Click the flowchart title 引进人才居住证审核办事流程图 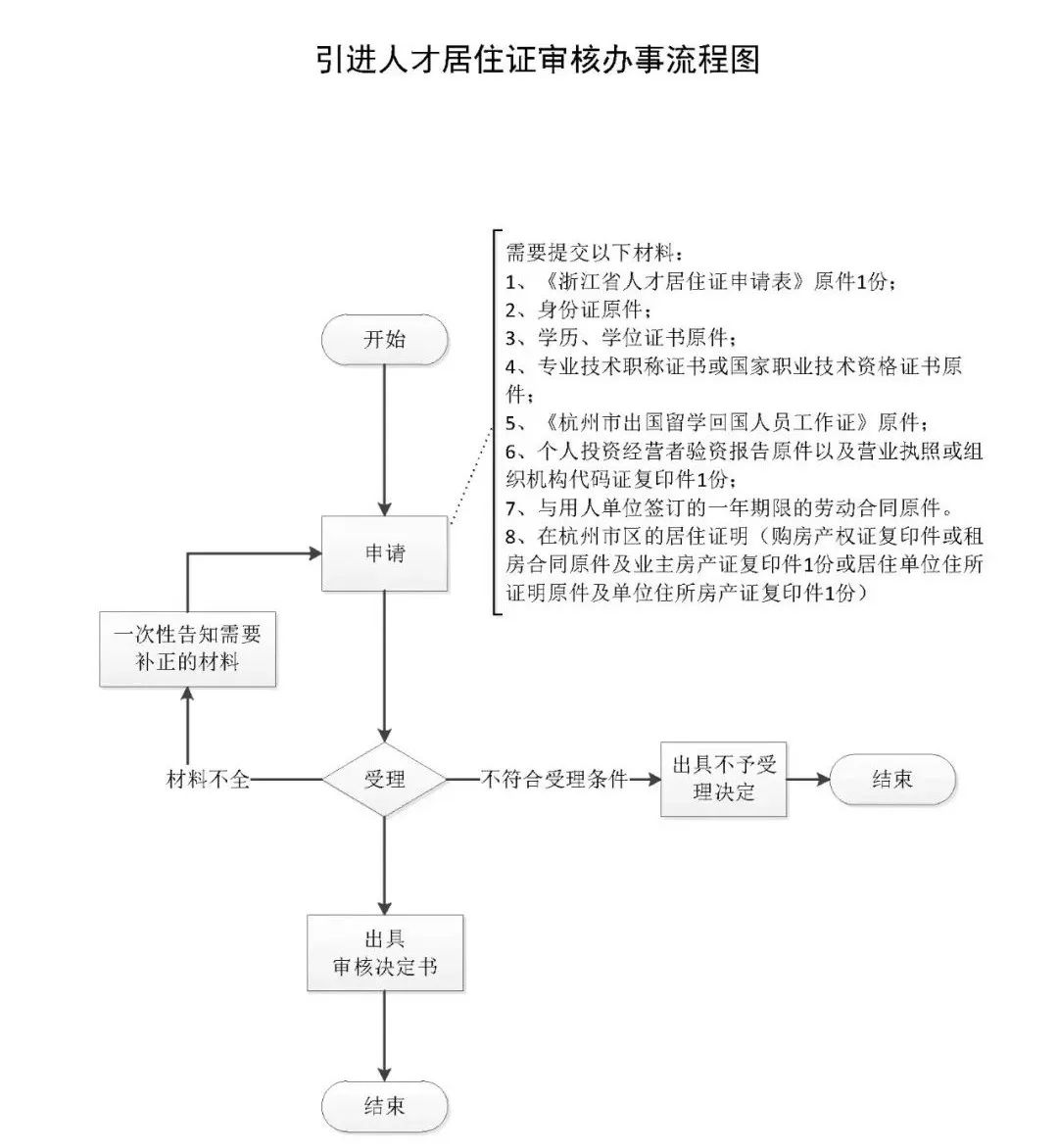click(x=538, y=60)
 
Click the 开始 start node click(x=384, y=340)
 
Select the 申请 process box click(x=384, y=553)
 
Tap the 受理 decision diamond click(x=384, y=780)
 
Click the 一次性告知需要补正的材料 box click(x=187, y=648)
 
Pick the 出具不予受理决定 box click(x=723, y=780)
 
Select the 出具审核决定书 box click(x=384, y=953)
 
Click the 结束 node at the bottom click(x=384, y=1106)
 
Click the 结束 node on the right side click(x=891, y=780)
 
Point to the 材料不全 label click(x=209, y=780)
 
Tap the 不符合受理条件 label click(x=553, y=780)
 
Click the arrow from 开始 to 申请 click(x=384, y=441)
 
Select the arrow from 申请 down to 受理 click(x=384, y=666)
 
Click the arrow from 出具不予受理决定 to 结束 click(x=808, y=780)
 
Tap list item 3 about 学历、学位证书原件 click(x=619, y=338)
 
